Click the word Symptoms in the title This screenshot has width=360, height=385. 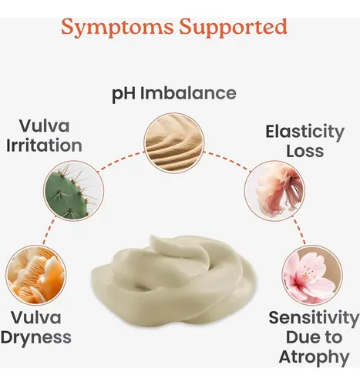click(x=118, y=28)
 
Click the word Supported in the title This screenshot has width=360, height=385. click(x=233, y=28)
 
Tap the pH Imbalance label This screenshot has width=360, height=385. click(x=174, y=94)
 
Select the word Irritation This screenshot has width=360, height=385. click(x=44, y=146)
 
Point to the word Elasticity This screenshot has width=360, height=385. click(x=305, y=132)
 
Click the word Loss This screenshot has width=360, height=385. click(x=305, y=151)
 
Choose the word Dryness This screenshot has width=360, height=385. click(x=36, y=338)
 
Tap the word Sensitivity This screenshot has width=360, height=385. click(x=314, y=318)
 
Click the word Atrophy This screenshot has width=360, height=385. click(x=314, y=357)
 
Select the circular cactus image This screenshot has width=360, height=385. click(x=74, y=190)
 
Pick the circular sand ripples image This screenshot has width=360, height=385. click(x=174, y=142)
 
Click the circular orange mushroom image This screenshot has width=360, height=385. click(x=36, y=275)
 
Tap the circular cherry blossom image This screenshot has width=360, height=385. click(x=312, y=275)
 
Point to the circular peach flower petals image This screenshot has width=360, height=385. click(x=274, y=190)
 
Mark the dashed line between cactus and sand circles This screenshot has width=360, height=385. click(x=120, y=160)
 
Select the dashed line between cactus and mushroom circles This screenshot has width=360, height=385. click(x=49, y=232)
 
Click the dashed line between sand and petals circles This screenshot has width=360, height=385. click(x=227, y=161)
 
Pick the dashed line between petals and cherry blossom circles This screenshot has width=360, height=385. click(x=299, y=230)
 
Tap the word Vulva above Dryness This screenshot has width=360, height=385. click(x=36, y=317)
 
